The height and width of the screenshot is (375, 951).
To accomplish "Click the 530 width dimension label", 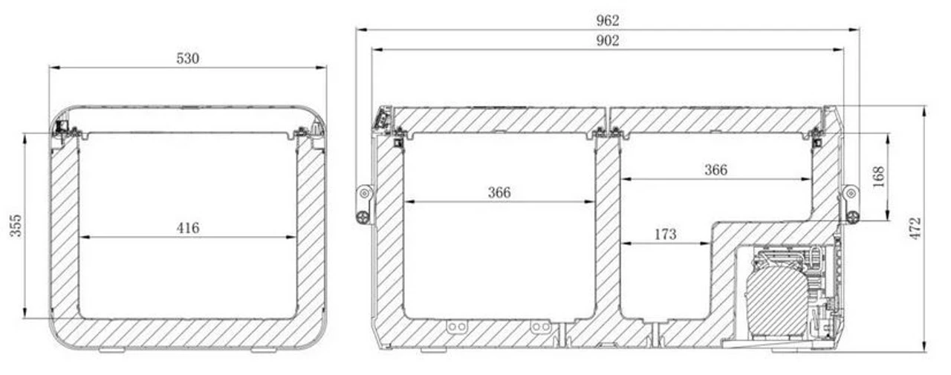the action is (188, 59).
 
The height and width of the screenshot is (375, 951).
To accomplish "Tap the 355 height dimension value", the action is (16, 226).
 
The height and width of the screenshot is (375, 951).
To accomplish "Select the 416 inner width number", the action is (188, 228).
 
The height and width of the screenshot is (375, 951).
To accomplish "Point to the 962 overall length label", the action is (608, 20).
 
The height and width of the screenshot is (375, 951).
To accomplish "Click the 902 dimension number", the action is (608, 41).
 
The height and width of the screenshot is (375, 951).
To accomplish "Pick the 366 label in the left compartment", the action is (499, 192).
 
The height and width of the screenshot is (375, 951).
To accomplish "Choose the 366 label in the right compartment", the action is (715, 170).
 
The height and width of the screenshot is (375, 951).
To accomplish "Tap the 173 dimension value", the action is (665, 234).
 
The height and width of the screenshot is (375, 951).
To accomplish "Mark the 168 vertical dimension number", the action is (878, 177).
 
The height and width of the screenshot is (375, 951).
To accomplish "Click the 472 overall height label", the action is (915, 229).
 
